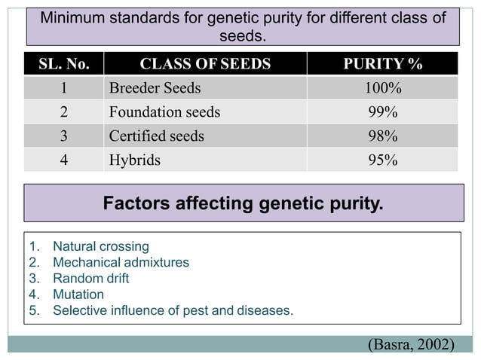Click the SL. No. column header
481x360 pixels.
(x=63, y=64)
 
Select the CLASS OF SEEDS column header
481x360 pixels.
(x=205, y=64)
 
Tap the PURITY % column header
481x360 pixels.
(x=382, y=64)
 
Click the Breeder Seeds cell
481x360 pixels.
(x=155, y=88)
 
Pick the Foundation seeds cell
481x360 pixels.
(x=164, y=112)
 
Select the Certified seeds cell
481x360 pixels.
(x=156, y=136)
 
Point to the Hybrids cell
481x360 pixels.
(x=134, y=160)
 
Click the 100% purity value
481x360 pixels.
(x=382, y=88)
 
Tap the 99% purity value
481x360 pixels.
(x=382, y=112)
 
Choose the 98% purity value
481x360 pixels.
(x=382, y=136)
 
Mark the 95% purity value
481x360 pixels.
(x=382, y=160)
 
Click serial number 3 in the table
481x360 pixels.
(x=63, y=136)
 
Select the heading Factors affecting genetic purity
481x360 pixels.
(x=243, y=203)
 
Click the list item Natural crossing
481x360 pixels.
(x=100, y=246)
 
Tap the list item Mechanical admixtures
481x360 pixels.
(x=121, y=262)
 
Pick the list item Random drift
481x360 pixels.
(x=90, y=278)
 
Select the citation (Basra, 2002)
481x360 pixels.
(x=410, y=344)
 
